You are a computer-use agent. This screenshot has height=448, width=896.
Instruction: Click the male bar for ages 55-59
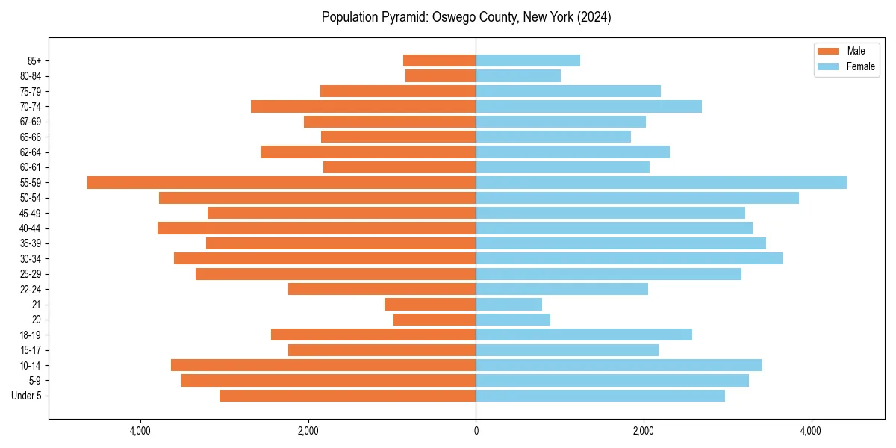pos(281,183)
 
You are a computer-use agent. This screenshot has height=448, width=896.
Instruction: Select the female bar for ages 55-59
pos(661,183)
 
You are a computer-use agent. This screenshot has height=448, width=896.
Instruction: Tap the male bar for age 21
pos(430,305)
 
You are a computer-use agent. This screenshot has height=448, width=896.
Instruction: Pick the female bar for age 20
pos(513,320)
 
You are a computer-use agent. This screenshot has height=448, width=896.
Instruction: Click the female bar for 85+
pos(528,60)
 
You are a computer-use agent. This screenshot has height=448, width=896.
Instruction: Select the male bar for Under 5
pos(347,396)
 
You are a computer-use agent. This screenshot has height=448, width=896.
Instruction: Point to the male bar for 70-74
pos(363,107)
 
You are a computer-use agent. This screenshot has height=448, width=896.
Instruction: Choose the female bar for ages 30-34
pos(629,258)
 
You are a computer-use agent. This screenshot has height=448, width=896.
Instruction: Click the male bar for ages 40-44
pos(317,228)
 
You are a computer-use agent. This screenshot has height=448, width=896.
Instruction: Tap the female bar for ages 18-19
pos(584,335)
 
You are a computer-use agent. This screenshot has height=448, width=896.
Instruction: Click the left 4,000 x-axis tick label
pos(140,431)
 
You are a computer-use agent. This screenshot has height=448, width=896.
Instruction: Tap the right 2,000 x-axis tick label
pos(643,431)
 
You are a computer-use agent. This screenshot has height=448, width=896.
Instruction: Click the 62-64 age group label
pos(31,152)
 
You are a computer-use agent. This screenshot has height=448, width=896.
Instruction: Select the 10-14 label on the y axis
pos(31,365)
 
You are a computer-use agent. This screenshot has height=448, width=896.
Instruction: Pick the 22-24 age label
pos(31,289)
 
